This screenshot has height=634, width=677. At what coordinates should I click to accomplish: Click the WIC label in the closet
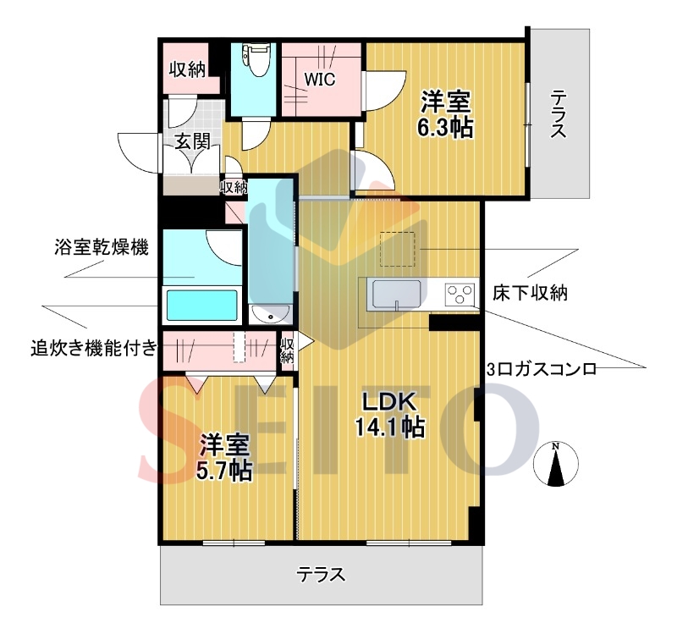tap(320, 80)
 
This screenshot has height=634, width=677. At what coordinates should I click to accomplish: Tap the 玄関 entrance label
tap(193, 141)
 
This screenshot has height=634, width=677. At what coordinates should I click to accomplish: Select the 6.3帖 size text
tap(445, 128)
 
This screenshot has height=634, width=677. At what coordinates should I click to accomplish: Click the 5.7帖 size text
tap(224, 471)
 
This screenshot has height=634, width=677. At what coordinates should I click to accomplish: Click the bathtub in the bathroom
tap(201, 305)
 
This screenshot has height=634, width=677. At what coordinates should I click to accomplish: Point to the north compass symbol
tap(555, 465)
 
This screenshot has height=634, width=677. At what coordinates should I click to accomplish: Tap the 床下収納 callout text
tap(529, 294)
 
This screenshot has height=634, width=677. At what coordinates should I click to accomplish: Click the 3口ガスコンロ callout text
tap(542, 370)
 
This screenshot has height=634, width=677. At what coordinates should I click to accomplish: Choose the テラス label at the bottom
tap(321, 575)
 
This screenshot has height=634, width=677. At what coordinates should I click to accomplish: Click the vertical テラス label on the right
tap(558, 114)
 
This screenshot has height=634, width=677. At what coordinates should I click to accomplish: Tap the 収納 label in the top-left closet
tap(186, 70)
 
